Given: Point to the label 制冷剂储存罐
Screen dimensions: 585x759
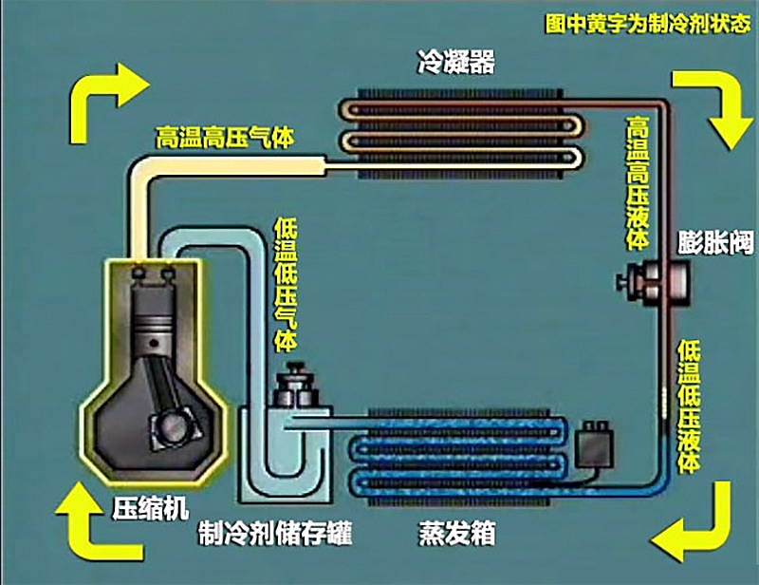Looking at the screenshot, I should pos(262,534).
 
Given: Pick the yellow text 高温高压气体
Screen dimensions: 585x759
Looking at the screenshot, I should pos(225,138).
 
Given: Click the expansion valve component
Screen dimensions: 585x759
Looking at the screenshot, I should pos(645,279).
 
